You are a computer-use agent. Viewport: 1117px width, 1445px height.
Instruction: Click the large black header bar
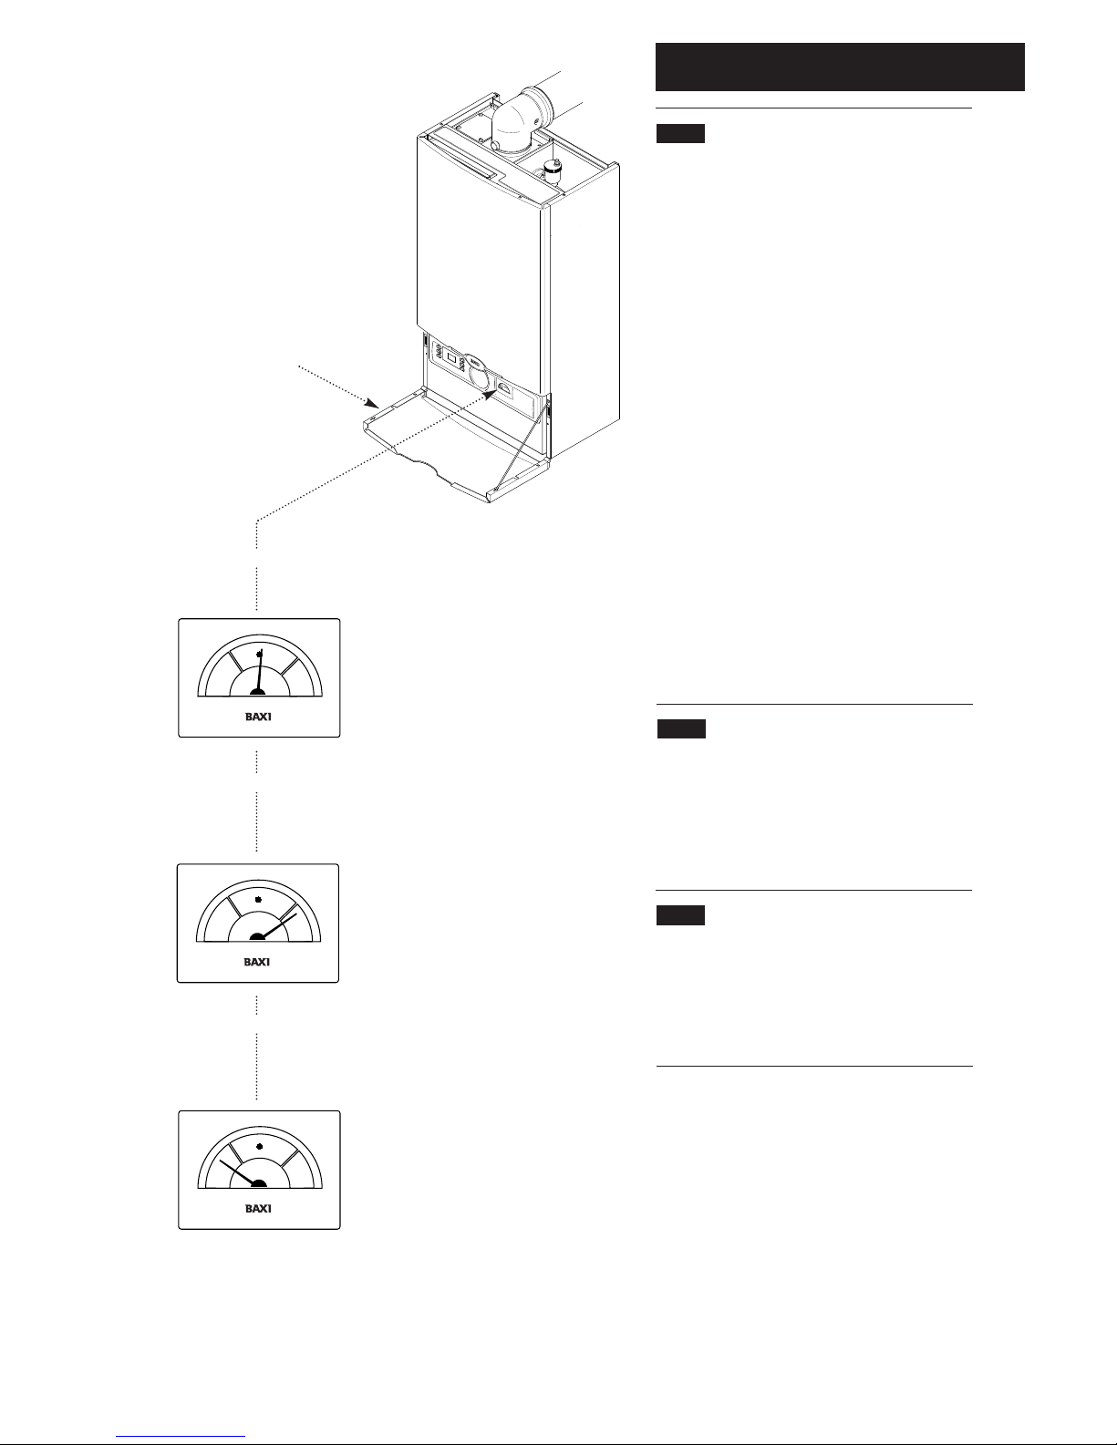(840, 66)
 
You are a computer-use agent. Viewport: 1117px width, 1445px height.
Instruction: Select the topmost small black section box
(680, 134)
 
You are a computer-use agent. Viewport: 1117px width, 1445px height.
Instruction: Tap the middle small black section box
(681, 729)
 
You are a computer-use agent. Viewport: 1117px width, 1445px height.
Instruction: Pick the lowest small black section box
(680, 915)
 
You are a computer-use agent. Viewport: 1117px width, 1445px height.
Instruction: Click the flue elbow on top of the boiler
(517, 119)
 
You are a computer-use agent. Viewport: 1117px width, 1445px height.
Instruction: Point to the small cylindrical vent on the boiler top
(551, 170)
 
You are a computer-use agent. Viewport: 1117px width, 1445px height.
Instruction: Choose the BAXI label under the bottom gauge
(259, 1209)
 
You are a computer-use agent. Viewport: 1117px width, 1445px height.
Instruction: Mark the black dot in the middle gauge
(259, 900)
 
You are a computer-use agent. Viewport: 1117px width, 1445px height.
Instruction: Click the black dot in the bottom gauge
(260, 1146)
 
